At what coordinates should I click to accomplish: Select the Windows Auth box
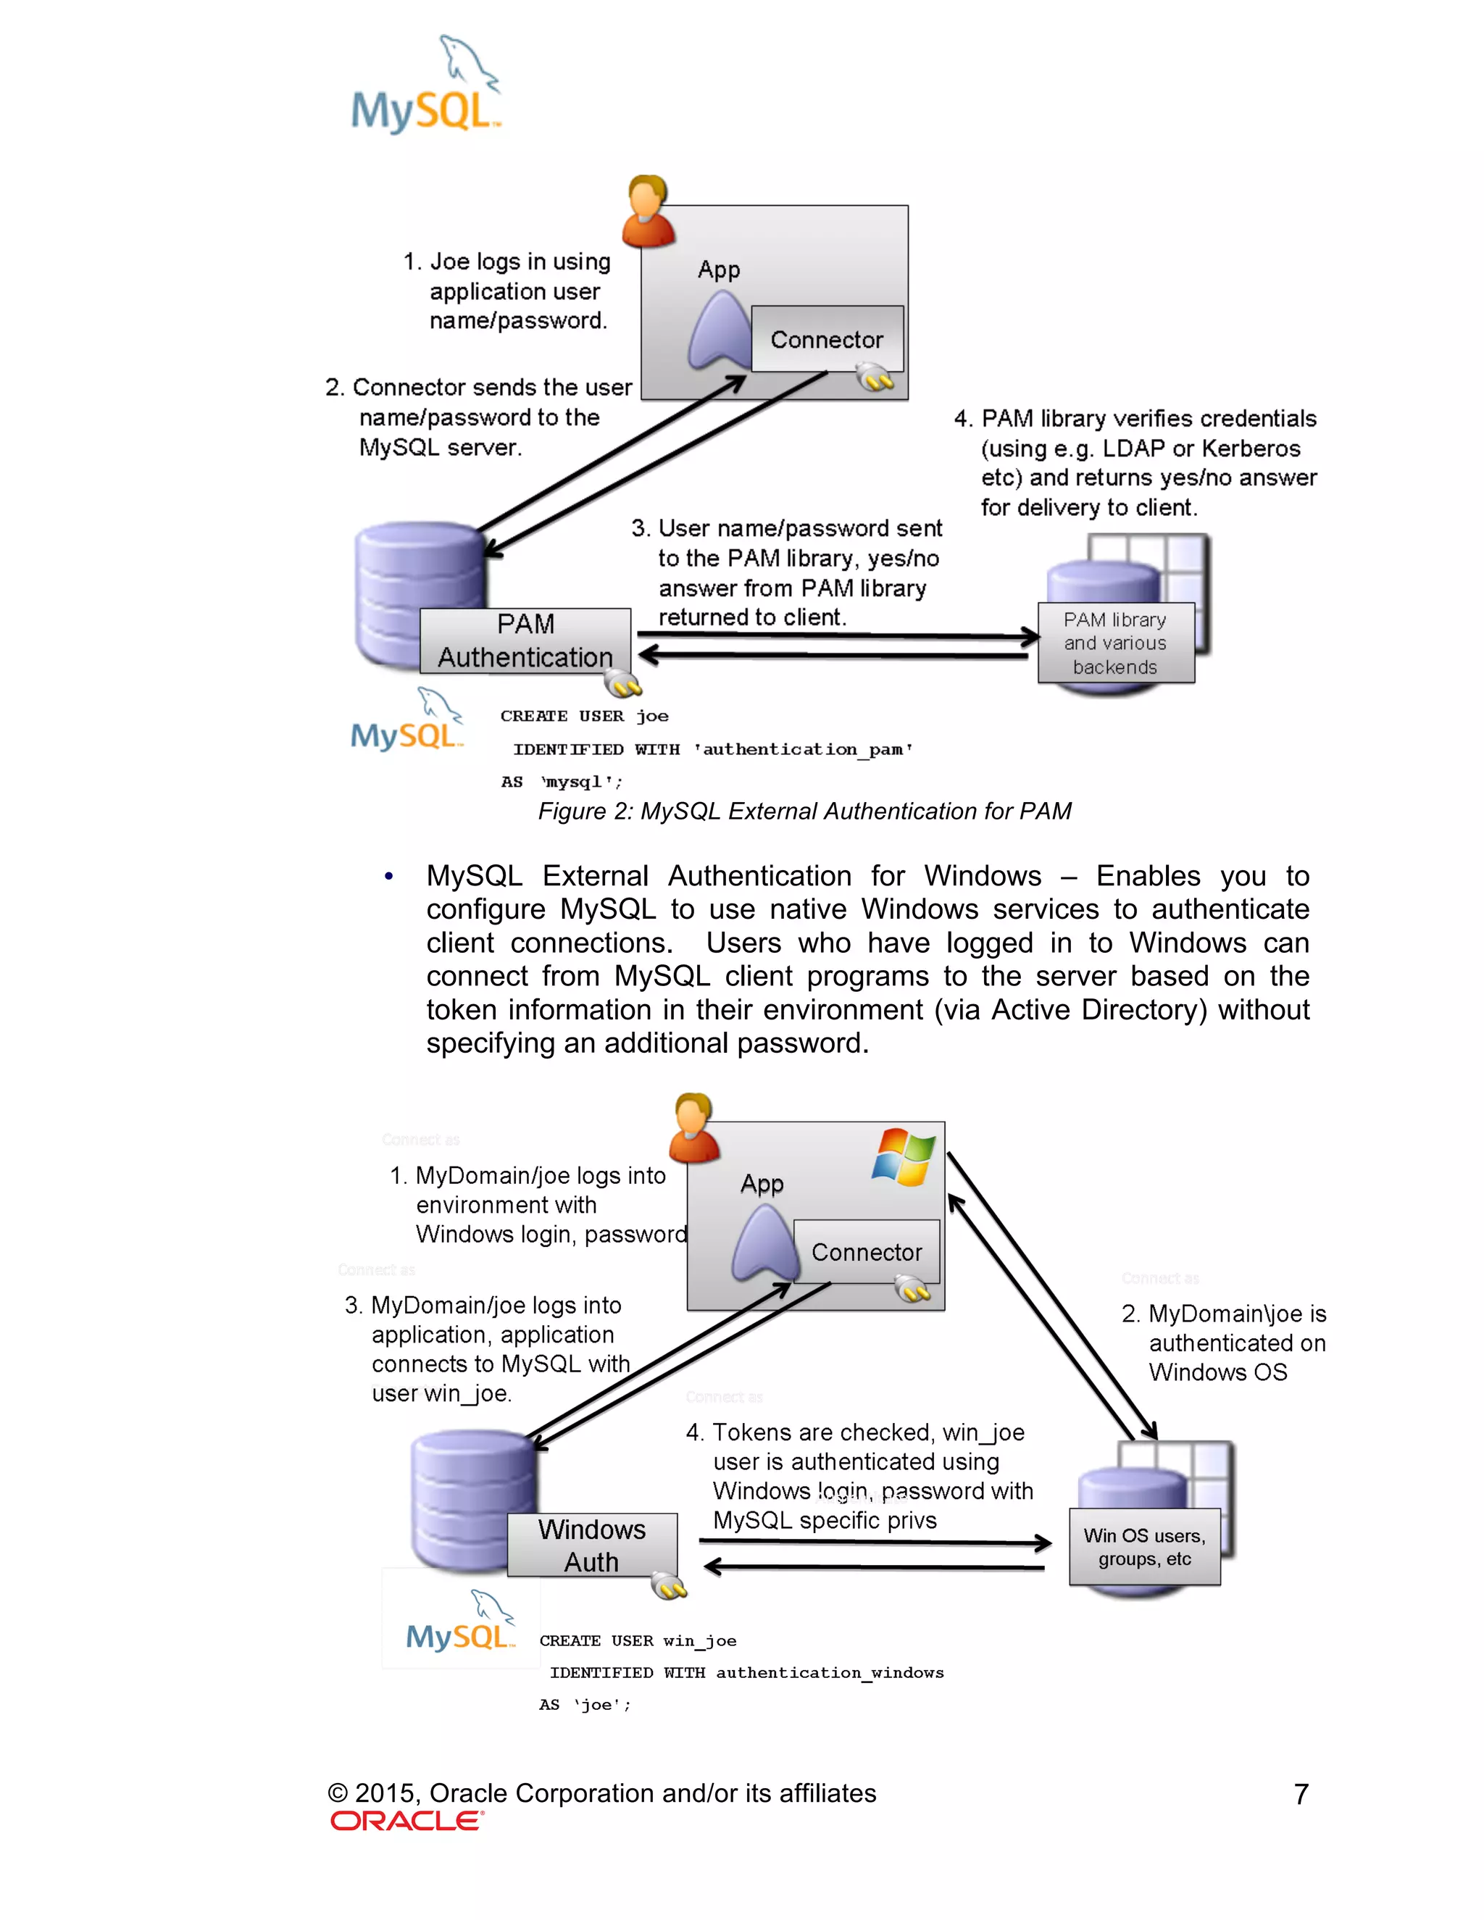592,1545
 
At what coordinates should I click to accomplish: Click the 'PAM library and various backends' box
1114,643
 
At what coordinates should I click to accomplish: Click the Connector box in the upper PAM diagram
826,339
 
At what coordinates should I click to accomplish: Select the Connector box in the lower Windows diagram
866,1252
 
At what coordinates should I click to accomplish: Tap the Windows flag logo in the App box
903,1157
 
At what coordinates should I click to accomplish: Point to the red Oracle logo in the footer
407,1821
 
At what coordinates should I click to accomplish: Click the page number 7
1301,1794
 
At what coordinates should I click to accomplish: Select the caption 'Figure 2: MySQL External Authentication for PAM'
804,811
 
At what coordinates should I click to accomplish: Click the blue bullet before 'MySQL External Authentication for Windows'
388,877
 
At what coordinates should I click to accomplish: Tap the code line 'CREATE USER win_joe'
638,1640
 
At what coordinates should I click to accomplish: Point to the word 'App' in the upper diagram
718,269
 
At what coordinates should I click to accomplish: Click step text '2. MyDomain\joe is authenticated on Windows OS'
1223,1343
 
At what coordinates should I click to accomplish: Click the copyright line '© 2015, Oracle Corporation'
602,1792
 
